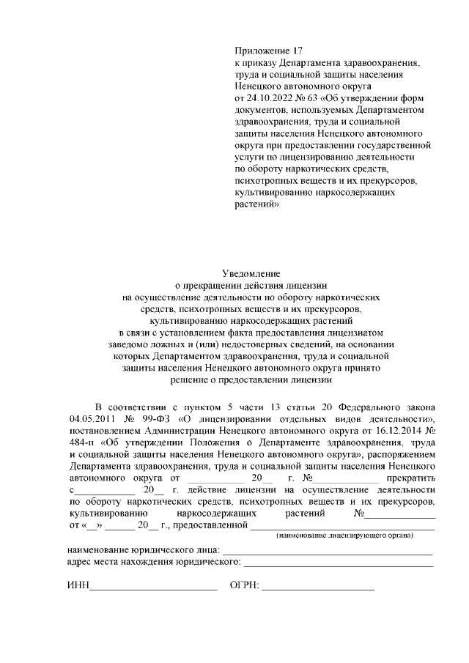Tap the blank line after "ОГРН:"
(318, 586)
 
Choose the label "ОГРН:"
(245, 586)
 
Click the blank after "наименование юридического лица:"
(327, 550)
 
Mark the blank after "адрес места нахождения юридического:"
(338, 562)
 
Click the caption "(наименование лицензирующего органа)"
(344, 536)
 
